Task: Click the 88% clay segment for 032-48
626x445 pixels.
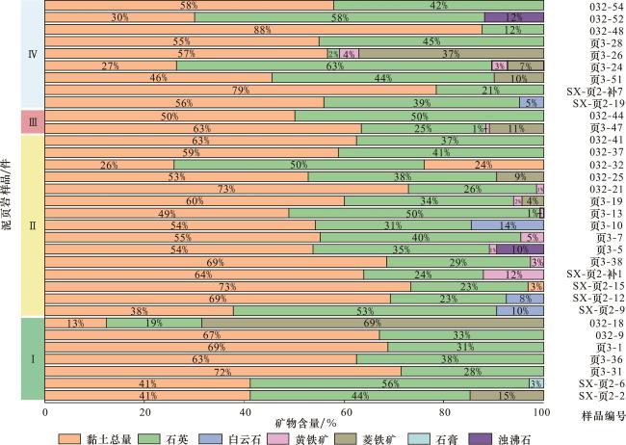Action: [263, 30]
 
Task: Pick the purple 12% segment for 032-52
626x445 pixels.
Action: [514, 17]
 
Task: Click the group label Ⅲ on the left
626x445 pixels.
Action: [33, 121]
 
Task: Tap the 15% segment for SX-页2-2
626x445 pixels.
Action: [507, 396]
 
